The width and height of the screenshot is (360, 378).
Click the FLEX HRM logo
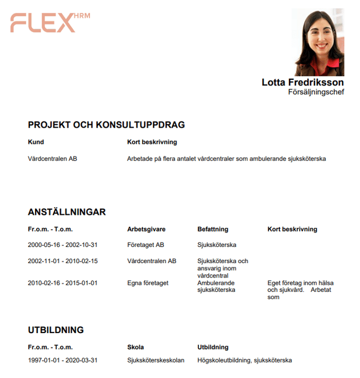pos(49,22)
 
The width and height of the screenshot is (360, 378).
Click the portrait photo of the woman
pos(318,42)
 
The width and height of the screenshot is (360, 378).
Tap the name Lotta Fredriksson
pos(303,82)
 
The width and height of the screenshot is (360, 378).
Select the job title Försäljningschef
pos(316,92)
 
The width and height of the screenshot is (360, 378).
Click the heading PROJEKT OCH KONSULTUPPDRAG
pos(106,125)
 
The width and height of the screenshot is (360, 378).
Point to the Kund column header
pos(36,142)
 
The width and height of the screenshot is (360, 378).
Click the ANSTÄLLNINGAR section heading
pos(67,212)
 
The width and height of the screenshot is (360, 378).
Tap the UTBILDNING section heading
pos(56,330)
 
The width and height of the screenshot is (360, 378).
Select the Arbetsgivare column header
pos(146,229)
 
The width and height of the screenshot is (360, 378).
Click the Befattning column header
pos(213,229)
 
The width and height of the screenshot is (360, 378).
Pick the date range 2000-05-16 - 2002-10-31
pos(62,245)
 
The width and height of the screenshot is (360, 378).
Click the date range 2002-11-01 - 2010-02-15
pos(62,261)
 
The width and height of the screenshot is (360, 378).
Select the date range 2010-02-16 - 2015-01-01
pos(62,283)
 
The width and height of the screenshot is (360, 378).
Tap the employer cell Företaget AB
pos(146,245)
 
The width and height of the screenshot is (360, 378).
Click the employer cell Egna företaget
pos(147,283)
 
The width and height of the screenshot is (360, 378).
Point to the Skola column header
pos(136,347)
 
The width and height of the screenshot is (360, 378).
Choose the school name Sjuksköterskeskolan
pos(156,361)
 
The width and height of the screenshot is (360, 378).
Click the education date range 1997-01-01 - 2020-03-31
pos(62,361)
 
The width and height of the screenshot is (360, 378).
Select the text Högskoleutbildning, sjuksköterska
pos(244,361)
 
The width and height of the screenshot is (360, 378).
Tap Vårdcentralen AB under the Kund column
pos(52,159)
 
